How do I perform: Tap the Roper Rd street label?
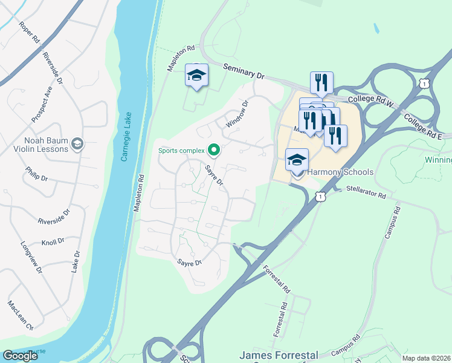28,33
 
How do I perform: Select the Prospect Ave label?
47,97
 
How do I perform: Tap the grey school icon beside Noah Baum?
77,143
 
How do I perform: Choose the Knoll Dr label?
53,241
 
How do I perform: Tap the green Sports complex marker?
213,149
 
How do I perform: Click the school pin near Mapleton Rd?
196,75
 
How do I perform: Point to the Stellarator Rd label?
366,192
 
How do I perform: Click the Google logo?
21,356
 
